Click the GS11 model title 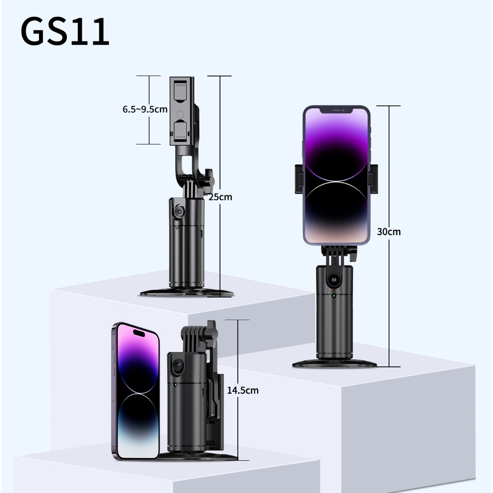[x=65, y=32]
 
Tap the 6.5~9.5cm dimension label [x=145, y=109]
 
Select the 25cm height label [x=221, y=197]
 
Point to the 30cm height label [x=389, y=232]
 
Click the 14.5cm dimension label [x=243, y=390]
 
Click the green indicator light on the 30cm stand [x=334, y=296]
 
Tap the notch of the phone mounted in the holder [x=337, y=111]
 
